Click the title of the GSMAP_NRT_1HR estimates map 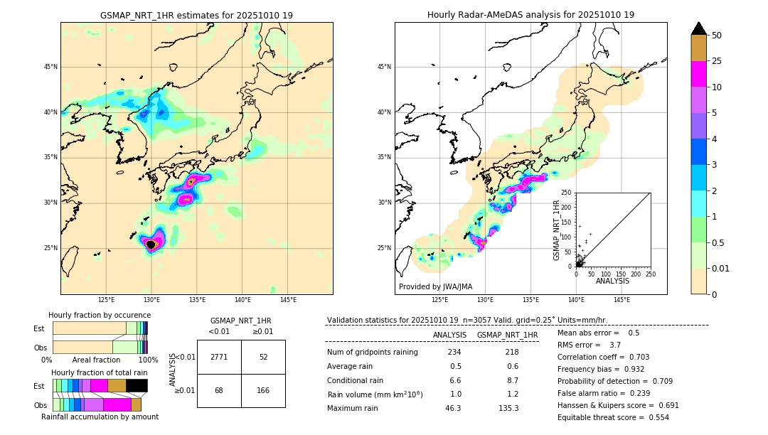point(196,15)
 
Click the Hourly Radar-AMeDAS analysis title point(530,15)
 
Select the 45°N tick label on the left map point(50,67)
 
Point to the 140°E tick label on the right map point(576,300)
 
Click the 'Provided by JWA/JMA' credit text point(435,286)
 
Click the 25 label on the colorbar point(717,61)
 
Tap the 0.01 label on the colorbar point(721,268)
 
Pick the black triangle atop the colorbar point(699,28)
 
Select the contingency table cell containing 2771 point(219,357)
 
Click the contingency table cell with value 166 point(263,390)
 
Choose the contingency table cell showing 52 point(263,357)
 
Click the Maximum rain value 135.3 point(508,408)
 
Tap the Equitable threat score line point(612,417)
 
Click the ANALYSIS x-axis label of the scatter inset point(612,281)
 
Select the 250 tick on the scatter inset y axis point(566,193)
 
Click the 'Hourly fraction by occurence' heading point(100,315)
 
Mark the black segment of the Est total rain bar point(137,385)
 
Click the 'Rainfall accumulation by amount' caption point(100,417)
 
